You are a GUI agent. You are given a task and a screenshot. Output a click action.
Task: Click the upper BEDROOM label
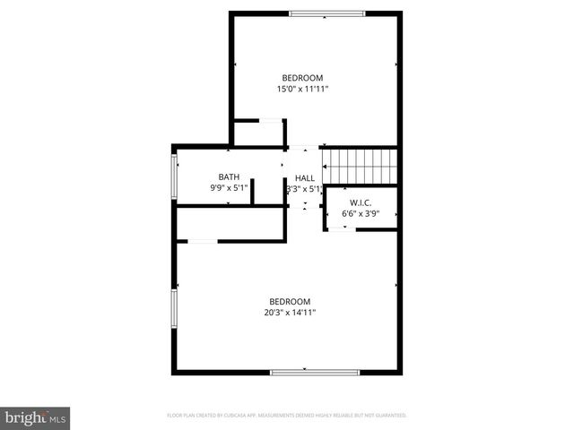click(302, 78)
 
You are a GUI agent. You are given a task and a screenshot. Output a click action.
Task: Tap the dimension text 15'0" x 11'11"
click(302, 89)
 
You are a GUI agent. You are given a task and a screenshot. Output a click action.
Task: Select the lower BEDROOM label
click(290, 301)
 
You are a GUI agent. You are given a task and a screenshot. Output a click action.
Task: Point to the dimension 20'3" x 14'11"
click(290, 313)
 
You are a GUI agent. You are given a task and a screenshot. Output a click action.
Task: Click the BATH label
click(229, 176)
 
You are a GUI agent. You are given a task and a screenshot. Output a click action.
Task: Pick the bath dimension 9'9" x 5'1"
click(229, 188)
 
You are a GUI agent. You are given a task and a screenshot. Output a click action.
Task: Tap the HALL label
click(305, 178)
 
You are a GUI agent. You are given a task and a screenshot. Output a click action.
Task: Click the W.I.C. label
click(361, 202)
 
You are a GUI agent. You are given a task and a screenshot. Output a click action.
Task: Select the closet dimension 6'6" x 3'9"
click(361, 214)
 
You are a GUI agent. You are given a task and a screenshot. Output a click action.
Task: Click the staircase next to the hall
click(359, 166)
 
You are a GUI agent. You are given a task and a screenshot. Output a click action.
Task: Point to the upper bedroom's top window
click(326, 13)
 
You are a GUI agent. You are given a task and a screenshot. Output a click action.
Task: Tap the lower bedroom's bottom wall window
click(314, 371)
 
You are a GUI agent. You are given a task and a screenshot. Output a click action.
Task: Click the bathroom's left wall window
click(175, 176)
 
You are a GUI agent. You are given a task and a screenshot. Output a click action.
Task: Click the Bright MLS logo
click(36, 417)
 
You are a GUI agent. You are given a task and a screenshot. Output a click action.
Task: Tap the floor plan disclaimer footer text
click(287, 416)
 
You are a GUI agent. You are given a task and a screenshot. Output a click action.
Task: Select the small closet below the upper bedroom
click(258, 133)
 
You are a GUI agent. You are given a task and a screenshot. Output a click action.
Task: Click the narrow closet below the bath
click(230, 224)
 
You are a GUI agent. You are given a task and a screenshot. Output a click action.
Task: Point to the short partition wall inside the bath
click(253, 192)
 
